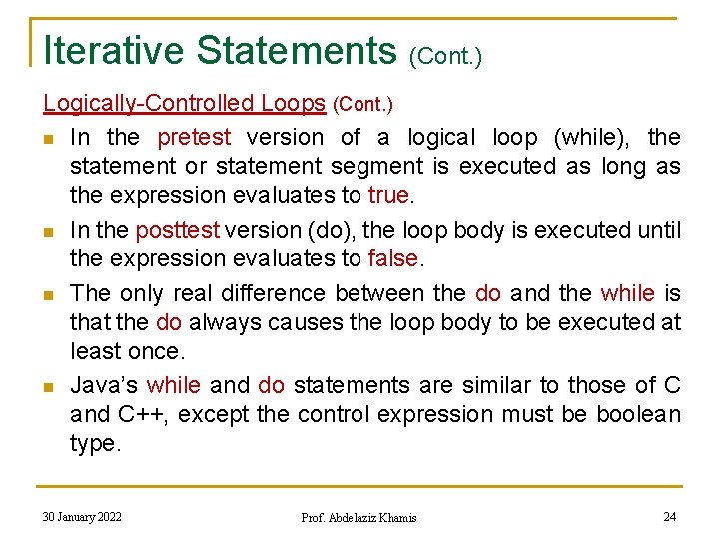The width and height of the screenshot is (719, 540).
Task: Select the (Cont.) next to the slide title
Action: point(445,57)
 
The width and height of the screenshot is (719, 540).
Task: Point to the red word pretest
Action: point(194,137)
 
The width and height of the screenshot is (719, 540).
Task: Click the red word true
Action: point(388,195)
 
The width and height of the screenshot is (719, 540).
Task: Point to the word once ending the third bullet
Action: point(157,351)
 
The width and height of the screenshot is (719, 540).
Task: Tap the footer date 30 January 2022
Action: point(82,517)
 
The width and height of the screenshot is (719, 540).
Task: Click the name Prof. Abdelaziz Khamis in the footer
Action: point(359,518)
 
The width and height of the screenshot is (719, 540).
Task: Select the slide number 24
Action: point(669,517)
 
